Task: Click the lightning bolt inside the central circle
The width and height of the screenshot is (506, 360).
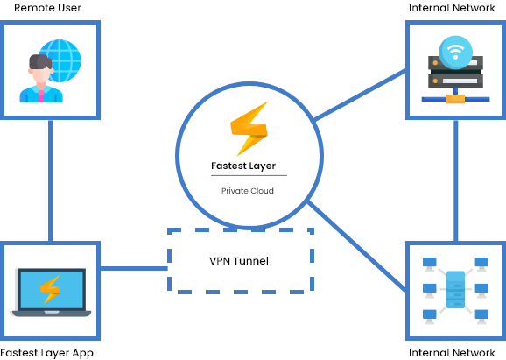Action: (249, 129)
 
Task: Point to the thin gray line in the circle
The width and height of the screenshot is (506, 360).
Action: (249, 175)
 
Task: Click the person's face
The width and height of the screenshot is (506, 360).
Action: (40, 74)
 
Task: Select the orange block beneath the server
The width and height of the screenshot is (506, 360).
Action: (455, 99)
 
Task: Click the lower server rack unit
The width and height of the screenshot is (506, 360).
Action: (455, 81)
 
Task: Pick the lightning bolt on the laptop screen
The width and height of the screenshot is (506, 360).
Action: (50, 289)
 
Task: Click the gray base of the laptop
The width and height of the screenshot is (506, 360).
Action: (52, 313)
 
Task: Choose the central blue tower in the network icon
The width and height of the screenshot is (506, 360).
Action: (455, 290)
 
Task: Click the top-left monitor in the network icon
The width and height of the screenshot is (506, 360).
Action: (430, 263)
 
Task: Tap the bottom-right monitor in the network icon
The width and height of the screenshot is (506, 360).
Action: (481, 315)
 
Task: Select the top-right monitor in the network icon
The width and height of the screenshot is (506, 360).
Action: (481, 263)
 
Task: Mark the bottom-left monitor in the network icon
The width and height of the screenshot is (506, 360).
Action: (430, 315)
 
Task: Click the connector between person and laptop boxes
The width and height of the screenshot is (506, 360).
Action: (51, 180)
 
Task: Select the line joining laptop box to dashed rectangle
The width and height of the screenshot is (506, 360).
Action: (133, 268)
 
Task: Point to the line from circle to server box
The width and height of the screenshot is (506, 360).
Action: (359, 95)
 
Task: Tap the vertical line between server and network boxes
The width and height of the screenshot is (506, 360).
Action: (456, 180)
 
